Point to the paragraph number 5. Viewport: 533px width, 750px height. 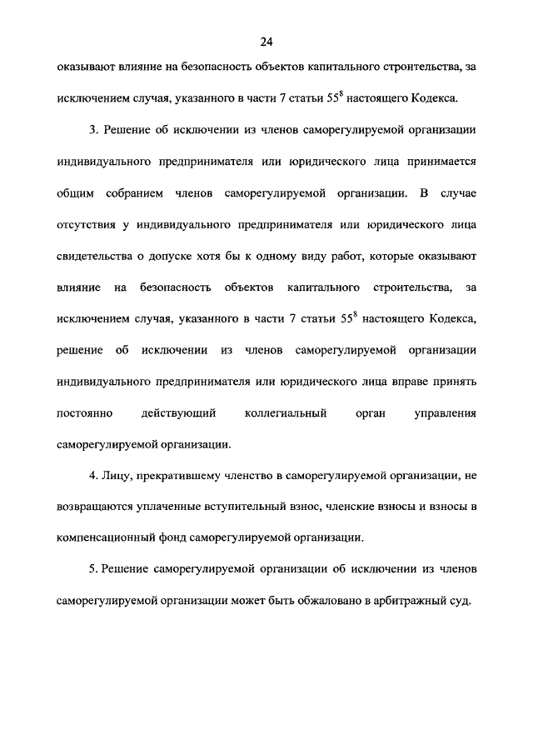(x=93, y=568)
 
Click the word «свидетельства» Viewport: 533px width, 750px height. (x=96, y=256)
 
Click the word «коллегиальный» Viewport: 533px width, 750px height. (x=286, y=412)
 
